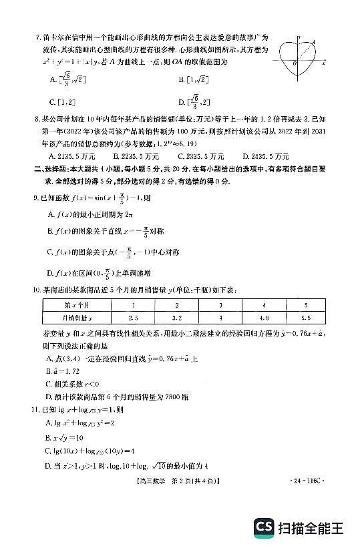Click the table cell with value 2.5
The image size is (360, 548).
(x=133, y=318)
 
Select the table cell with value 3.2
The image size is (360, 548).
(x=176, y=318)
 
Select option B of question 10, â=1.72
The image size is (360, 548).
(x=64, y=370)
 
